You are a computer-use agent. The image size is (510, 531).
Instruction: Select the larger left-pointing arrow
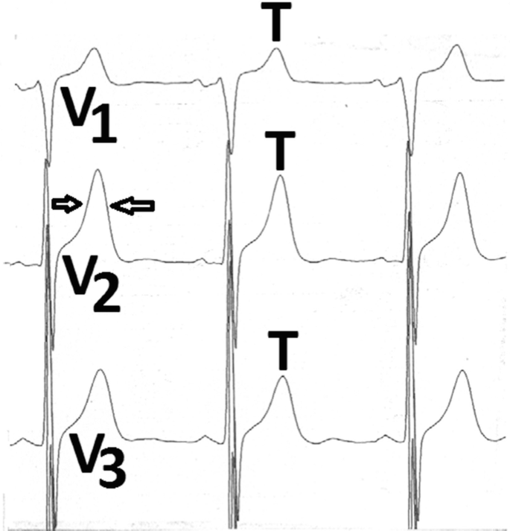pyautogui.click(x=136, y=206)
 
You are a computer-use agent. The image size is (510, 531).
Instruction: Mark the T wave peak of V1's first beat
pyautogui.click(x=92, y=51)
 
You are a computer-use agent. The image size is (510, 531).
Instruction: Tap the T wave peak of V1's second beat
pyautogui.click(x=275, y=51)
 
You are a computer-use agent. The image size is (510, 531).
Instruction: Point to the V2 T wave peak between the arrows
pyautogui.click(x=97, y=171)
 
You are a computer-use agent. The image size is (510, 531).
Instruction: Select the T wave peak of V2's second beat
pyautogui.click(x=279, y=177)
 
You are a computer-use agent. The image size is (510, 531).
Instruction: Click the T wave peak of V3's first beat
pyautogui.click(x=99, y=371)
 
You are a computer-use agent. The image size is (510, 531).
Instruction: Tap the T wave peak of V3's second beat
pyautogui.click(x=281, y=378)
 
